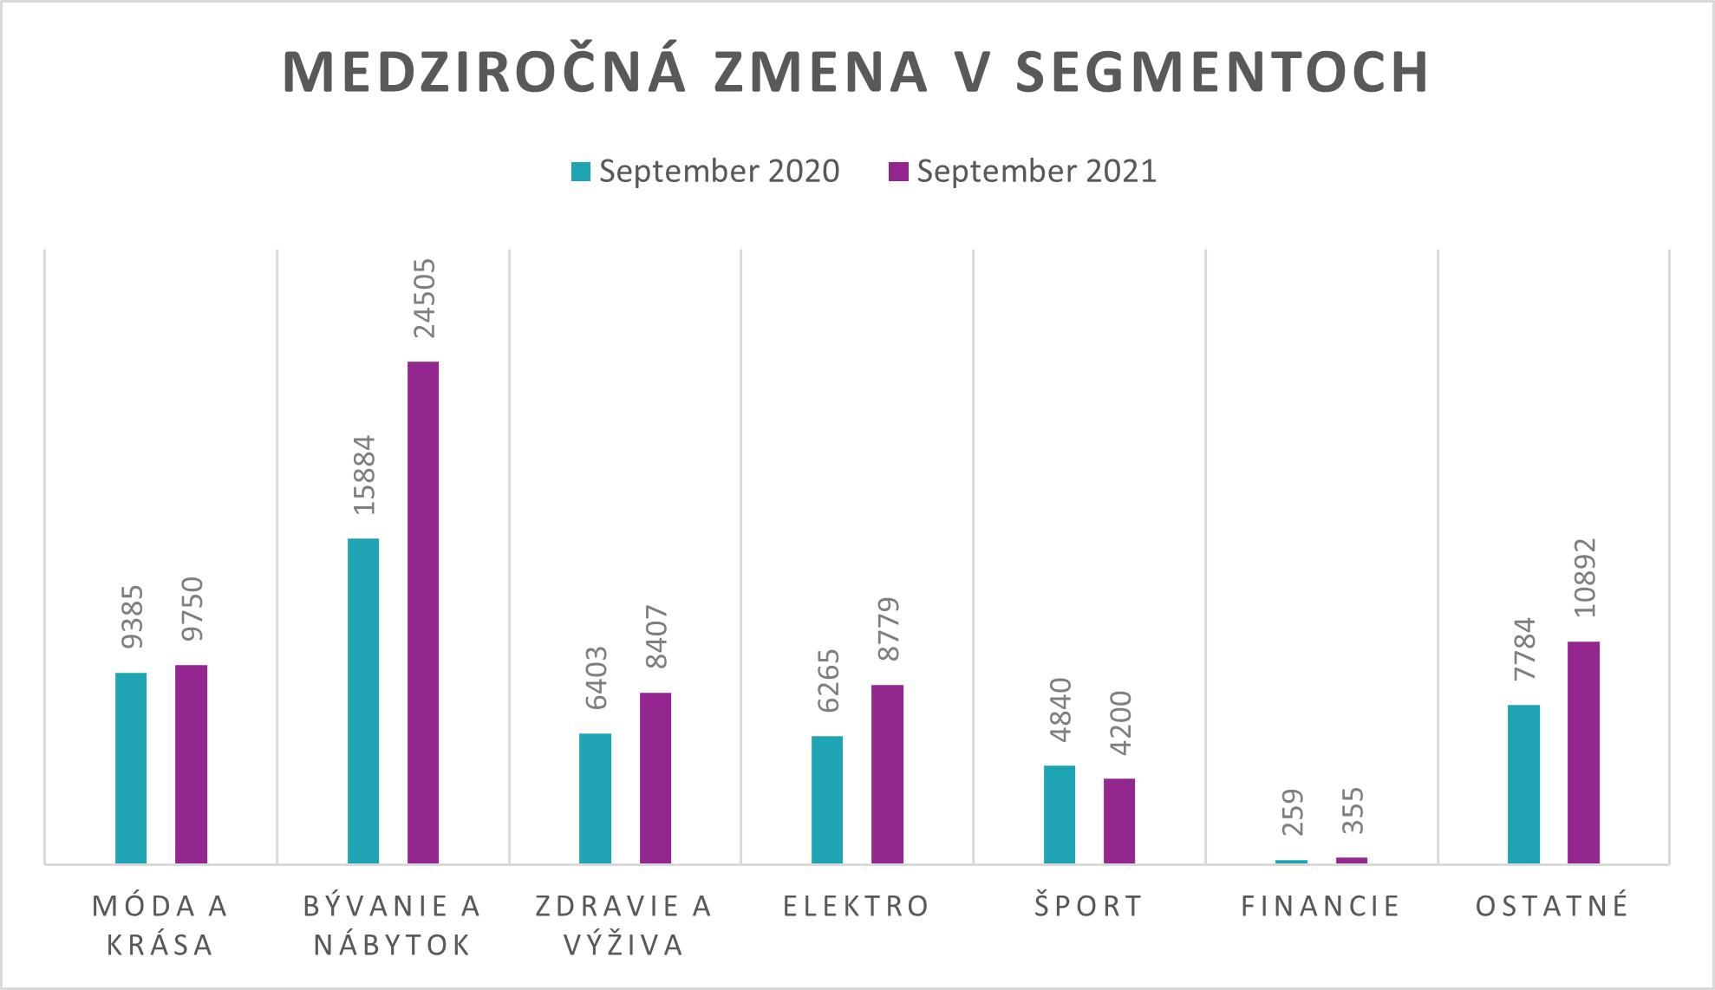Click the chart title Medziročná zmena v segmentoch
point(856,72)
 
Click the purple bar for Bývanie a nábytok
point(423,611)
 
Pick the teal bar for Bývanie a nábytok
point(363,700)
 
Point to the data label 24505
point(424,298)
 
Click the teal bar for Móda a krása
point(131,767)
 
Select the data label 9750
point(192,609)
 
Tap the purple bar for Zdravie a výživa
point(655,778)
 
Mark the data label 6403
point(596,678)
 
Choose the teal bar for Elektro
point(827,799)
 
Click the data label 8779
point(888,629)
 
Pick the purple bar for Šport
point(1119,820)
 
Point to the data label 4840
point(1060,710)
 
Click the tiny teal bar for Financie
point(1291,861)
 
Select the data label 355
point(1352,811)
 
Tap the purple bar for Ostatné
point(1583,752)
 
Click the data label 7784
point(1523,649)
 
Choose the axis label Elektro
point(856,906)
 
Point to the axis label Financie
point(1320,906)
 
